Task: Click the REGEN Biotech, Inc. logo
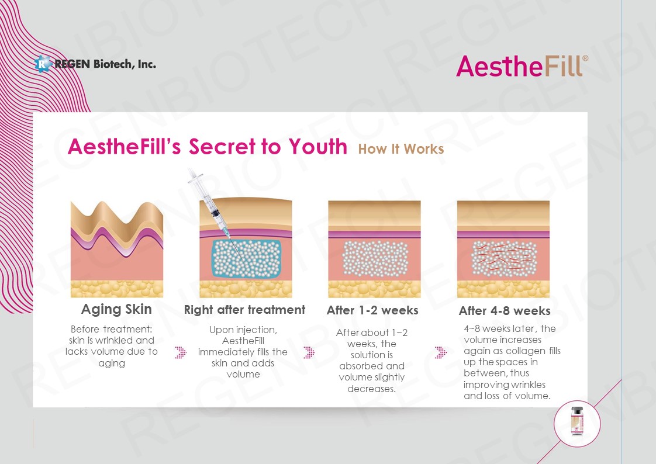point(95,64)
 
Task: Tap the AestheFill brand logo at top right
point(522,67)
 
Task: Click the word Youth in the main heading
point(318,146)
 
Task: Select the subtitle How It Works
point(401,149)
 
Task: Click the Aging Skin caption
point(116,309)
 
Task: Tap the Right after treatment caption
point(245,310)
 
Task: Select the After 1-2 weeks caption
point(372,310)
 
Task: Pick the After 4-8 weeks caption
point(505,310)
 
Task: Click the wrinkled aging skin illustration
point(117,249)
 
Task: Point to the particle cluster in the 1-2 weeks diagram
point(375,259)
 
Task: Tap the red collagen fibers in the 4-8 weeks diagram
point(504,259)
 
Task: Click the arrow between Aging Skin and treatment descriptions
point(181,352)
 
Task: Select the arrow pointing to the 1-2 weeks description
point(309,352)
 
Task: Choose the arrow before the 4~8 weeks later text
point(441,352)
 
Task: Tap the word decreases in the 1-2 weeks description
point(371,389)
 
